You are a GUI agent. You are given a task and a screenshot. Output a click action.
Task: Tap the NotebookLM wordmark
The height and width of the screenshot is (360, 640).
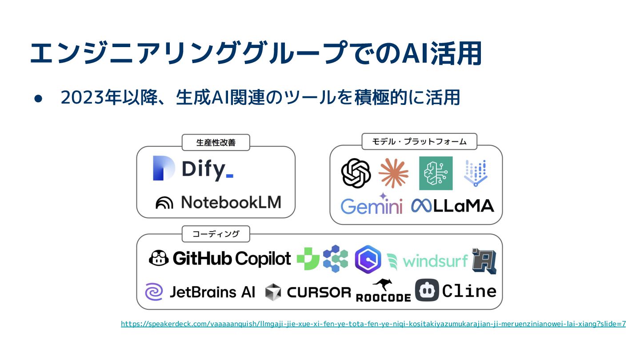[x=231, y=203]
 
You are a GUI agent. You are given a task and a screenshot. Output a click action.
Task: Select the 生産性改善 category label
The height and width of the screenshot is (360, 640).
[x=216, y=143]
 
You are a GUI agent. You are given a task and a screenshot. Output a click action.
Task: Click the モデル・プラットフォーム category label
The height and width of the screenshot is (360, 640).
[x=419, y=142]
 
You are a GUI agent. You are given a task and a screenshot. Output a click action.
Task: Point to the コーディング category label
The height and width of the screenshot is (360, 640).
[x=216, y=234]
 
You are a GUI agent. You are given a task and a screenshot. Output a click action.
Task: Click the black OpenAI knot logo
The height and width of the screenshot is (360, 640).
[x=356, y=173]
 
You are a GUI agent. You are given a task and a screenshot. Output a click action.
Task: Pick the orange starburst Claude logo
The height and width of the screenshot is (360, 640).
[x=393, y=173]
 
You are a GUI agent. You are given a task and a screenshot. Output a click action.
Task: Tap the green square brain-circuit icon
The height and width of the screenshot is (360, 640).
[x=436, y=173]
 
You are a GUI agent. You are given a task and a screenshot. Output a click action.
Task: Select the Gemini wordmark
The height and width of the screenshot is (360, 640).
[x=372, y=206]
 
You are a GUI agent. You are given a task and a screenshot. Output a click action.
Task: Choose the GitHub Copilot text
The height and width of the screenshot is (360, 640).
[x=232, y=259]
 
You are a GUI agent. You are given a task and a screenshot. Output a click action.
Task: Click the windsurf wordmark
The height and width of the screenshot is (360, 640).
[x=435, y=261]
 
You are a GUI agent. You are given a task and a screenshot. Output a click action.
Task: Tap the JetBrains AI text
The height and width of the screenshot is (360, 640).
[x=212, y=292]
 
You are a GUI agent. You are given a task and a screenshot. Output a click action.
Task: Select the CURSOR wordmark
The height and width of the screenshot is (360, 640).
[x=319, y=292]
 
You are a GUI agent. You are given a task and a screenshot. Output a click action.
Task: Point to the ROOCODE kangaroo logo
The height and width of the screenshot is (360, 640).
[x=383, y=291]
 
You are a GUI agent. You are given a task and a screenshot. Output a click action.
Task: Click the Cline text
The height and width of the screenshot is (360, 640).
[x=469, y=291]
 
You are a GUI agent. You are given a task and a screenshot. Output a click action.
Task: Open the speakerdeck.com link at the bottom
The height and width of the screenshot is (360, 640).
[x=373, y=324]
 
